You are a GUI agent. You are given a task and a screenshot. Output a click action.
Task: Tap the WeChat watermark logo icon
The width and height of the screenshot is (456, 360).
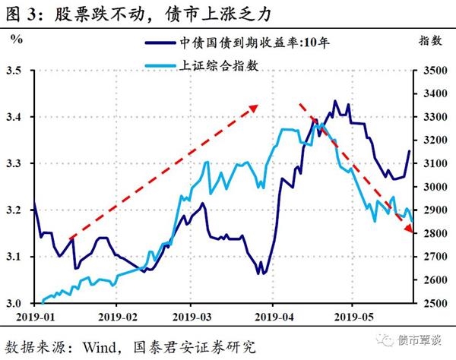[389, 339]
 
